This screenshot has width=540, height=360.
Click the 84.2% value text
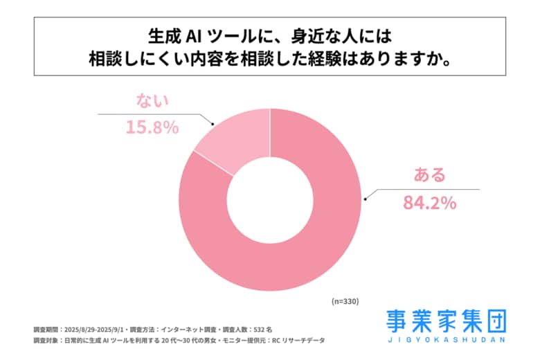[x=429, y=203]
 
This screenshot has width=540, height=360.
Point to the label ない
[x=152, y=102]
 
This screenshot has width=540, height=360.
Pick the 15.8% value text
[x=152, y=127]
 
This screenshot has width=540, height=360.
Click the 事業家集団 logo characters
[x=446, y=321]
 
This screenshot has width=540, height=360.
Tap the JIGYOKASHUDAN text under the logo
[x=446, y=341]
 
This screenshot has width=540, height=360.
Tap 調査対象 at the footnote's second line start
[x=46, y=341]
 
